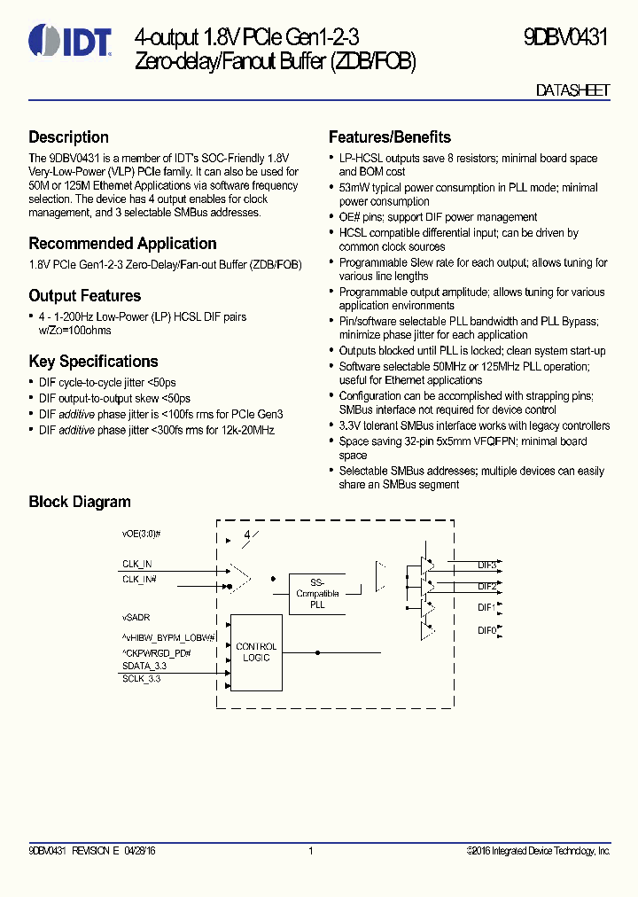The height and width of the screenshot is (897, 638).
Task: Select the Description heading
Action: [69, 137]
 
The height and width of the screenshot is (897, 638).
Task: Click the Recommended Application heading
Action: [122, 244]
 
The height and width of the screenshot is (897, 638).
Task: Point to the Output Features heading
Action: [85, 296]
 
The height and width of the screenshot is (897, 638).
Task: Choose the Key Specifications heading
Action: [93, 362]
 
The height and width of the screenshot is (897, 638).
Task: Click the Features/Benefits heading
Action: [390, 137]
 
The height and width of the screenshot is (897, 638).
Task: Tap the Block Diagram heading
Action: [80, 502]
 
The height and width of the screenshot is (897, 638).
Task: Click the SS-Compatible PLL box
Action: [317, 593]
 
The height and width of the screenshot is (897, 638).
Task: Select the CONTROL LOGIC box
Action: [256, 652]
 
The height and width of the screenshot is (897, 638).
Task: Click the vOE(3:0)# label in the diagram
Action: [141, 534]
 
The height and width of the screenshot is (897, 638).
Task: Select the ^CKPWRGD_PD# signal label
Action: [157, 652]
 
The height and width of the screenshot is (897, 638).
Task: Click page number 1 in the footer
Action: [311, 851]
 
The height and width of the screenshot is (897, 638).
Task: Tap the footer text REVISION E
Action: [95, 851]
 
